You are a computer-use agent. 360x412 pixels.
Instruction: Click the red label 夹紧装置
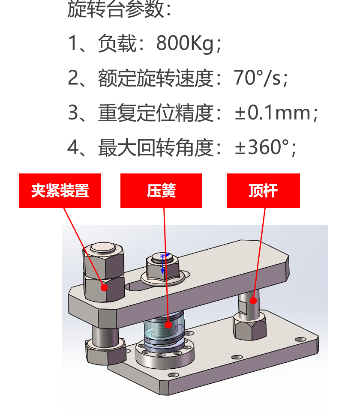pyautogui.click(x=60, y=191)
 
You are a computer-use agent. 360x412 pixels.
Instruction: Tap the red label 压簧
pyautogui.click(x=161, y=191)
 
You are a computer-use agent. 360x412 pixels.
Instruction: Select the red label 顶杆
pyautogui.click(x=263, y=191)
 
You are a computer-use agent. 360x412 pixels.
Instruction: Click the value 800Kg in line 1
pyautogui.click(x=185, y=43)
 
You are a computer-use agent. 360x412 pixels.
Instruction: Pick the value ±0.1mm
pyautogui.click(x=273, y=113)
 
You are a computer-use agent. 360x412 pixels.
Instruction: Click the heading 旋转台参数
pyautogui.click(x=116, y=9)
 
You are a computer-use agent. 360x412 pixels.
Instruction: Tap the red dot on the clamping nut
pyautogui.click(x=104, y=288)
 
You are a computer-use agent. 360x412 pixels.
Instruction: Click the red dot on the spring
pyautogui.click(x=168, y=325)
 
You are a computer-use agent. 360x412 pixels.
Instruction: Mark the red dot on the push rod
pyautogui.click(x=253, y=301)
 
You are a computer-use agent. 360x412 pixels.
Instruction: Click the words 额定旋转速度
pyautogui.click(x=156, y=78)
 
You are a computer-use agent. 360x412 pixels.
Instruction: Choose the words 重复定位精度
pyautogui.click(x=156, y=113)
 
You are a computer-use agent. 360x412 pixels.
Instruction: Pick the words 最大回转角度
pyautogui.click(x=156, y=147)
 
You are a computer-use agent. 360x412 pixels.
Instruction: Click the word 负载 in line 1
pyautogui.click(x=117, y=43)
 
